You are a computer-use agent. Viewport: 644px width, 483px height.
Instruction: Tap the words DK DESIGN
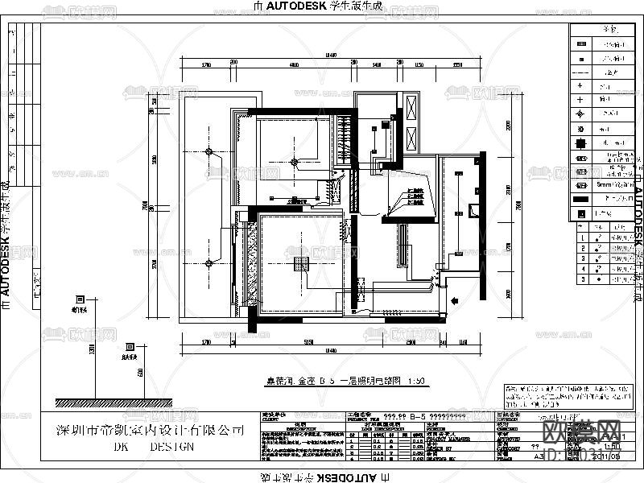coord(153,446)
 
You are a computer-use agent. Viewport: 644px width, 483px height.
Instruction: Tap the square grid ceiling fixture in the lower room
coord(303,263)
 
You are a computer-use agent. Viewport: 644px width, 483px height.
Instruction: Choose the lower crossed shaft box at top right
coord(413,137)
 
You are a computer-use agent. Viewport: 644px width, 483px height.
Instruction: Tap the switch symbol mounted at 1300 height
coord(80,299)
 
